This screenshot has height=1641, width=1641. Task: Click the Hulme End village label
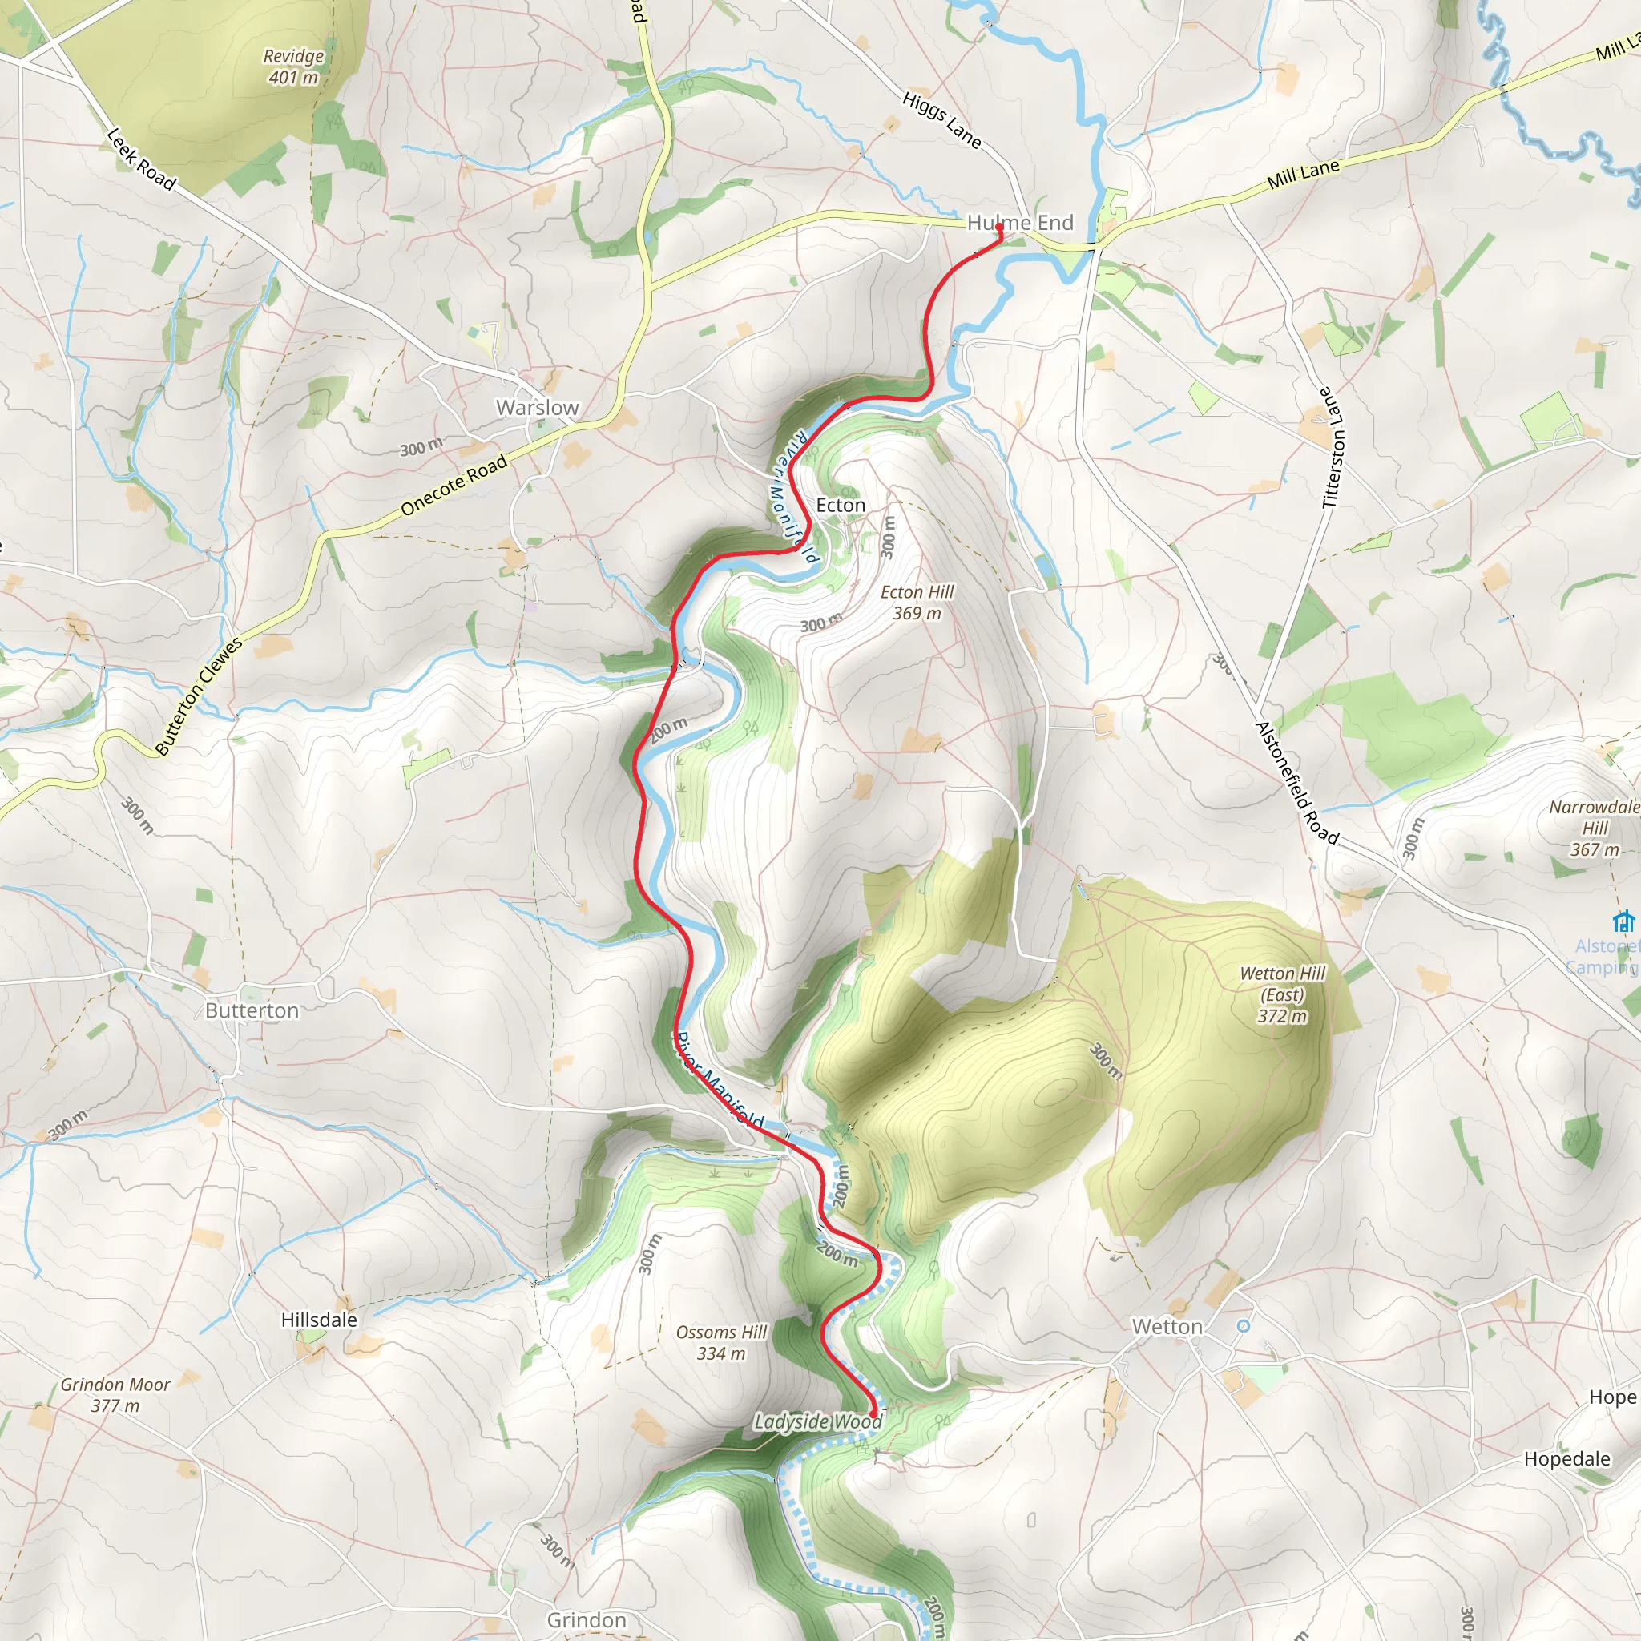point(1020,223)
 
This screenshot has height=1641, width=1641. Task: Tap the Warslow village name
point(537,408)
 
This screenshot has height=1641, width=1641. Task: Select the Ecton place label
point(840,506)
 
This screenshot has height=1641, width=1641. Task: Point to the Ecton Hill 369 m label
point(917,603)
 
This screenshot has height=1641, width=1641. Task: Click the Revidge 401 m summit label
point(294,67)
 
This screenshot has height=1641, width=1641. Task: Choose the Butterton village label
point(252,1010)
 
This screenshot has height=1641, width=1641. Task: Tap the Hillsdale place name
point(320,1320)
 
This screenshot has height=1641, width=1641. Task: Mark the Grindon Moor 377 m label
point(115,1395)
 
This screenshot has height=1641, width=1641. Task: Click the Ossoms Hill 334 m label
point(721,1343)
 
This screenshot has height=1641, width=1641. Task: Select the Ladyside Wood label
point(817,1422)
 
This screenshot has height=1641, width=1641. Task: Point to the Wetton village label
point(1167,1327)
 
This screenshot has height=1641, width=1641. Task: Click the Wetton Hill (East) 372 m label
point(1283,994)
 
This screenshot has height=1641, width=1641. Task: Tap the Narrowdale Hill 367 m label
point(1595,829)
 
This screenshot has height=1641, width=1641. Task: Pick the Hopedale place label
point(1567,1459)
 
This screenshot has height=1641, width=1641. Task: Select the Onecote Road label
point(454,485)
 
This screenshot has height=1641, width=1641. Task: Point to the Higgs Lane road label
point(942,119)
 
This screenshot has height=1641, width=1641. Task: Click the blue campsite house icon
point(1623,921)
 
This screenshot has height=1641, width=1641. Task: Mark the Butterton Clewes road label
point(199,696)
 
